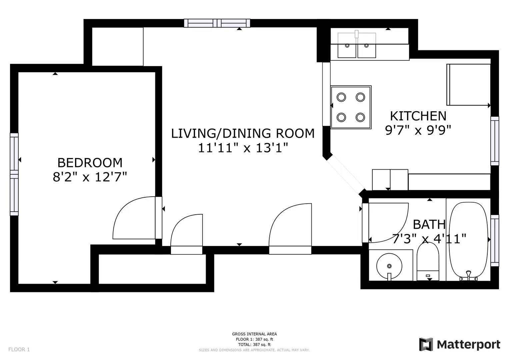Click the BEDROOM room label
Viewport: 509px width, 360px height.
coord(90,163)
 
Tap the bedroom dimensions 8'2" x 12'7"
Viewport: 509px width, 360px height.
coord(90,177)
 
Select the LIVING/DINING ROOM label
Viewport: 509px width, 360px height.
coord(243,133)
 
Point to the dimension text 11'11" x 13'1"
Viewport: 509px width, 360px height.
coord(243,147)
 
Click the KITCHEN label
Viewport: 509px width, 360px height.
coord(418,116)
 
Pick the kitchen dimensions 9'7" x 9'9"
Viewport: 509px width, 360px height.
coord(418,130)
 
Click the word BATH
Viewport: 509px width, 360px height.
coord(429,225)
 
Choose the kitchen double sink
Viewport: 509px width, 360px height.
coord(357,46)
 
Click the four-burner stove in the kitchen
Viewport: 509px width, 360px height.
coord(351,107)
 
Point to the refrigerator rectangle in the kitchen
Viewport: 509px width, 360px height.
coord(468,85)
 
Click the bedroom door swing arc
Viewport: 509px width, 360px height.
coord(130,218)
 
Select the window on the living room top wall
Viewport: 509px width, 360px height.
coord(217,23)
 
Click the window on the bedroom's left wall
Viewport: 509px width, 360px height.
coord(14,174)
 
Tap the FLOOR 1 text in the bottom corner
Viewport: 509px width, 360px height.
coord(19,349)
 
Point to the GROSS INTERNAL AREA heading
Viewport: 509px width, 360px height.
coord(254,334)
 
